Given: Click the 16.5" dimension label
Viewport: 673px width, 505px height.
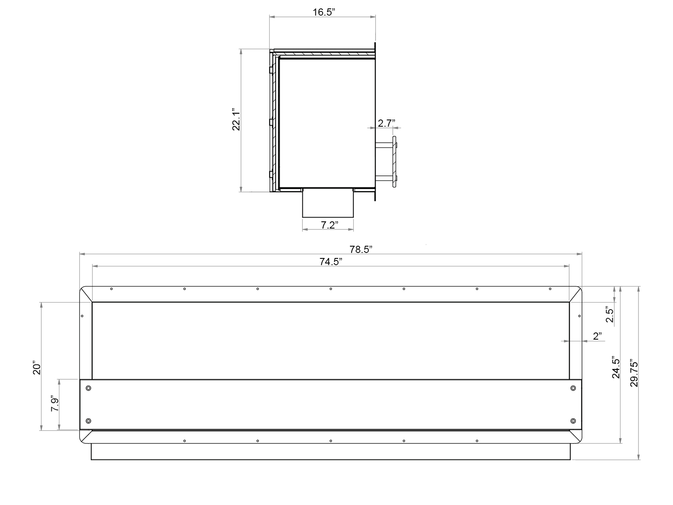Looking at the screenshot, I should [x=323, y=12].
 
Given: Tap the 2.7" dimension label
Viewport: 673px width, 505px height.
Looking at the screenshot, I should [x=386, y=123].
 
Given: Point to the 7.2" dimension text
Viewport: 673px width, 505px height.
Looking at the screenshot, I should [x=329, y=225].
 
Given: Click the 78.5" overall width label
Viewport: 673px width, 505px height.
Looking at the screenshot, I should [x=360, y=250].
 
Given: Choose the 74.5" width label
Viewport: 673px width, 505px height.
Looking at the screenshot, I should [x=331, y=262].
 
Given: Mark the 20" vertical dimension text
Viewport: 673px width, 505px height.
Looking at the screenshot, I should [x=37, y=368].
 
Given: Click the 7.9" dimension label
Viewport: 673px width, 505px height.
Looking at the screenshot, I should [x=55, y=404].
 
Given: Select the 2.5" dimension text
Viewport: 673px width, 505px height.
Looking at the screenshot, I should [x=609, y=314].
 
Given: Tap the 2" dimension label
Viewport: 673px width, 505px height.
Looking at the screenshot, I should [x=597, y=336].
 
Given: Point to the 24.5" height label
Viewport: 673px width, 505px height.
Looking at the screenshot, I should [x=616, y=367].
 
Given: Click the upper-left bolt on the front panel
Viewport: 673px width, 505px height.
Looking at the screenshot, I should [x=88, y=388].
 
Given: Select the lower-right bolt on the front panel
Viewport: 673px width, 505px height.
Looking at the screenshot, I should [x=572, y=421].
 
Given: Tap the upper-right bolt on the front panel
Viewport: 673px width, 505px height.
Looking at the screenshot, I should [x=572, y=388].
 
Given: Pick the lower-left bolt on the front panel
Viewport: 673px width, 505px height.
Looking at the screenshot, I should [x=88, y=421].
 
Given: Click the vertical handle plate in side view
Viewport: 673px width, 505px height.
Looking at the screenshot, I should [x=395, y=162].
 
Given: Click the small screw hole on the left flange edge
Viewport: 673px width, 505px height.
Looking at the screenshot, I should [x=82, y=316].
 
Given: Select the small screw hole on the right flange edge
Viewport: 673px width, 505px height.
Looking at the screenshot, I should [x=579, y=316].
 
